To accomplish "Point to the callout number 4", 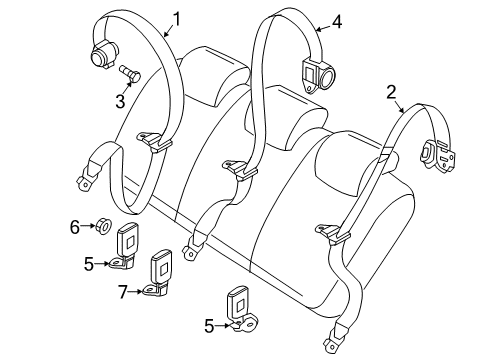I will (x=337, y=19).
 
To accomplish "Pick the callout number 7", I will (x=123, y=291).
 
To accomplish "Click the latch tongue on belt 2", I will (x=331, y=233).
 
